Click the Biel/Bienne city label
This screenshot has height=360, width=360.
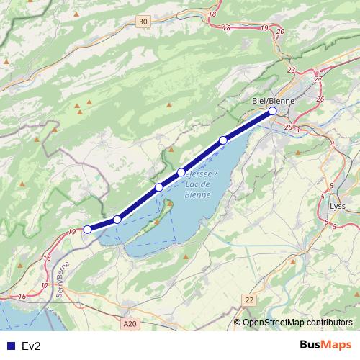(274, 101)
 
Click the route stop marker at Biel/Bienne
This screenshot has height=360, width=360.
(273, 112)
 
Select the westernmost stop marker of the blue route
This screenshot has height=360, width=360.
(87, 229)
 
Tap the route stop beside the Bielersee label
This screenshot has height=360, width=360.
(181, 172)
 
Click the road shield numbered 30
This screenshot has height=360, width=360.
(144, 22)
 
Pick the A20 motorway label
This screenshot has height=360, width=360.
(130, 325)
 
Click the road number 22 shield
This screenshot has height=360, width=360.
(249, 300)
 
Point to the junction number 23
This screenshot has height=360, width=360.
(291, 70)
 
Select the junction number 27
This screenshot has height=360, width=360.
(318, 78)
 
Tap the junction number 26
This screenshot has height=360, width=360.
(320, 99)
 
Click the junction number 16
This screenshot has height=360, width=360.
(22, 296)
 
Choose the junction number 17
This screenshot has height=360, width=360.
(44, 286)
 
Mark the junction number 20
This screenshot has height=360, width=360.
(280, 32)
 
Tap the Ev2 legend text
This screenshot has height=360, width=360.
(31, 346)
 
